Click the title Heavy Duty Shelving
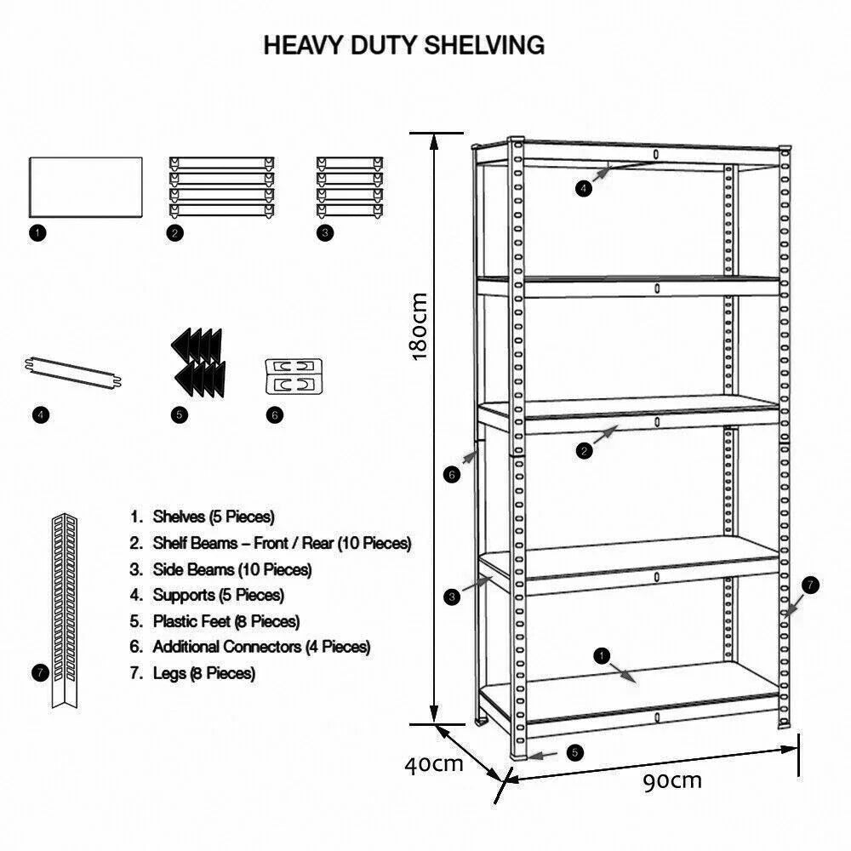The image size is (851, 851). click(x=403, y=45)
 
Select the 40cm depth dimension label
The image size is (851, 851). click(x=433, y=763)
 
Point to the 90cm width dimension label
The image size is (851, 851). click(x=672, y=780)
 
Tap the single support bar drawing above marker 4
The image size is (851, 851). click(x=72, y=373)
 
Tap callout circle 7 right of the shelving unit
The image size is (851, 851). click(x=810, y=585)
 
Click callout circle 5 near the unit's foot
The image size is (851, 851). click(x=575, y=752)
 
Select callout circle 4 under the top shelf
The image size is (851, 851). click(x=583, y=189)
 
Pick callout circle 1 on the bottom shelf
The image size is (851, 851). click(x=603, y=655)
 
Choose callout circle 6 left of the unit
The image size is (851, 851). click(x=453, y=475)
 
